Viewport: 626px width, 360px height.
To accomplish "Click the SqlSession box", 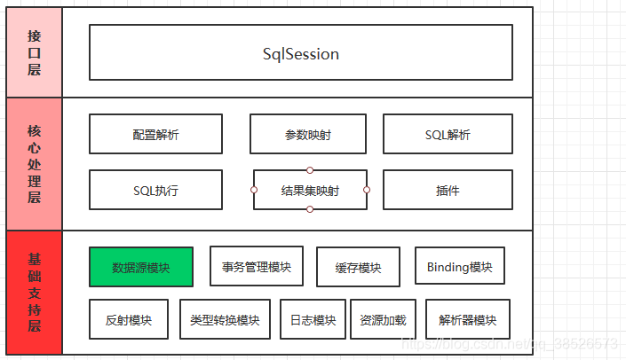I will (x=300, y=53).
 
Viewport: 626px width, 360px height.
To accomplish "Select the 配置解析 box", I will (x=155, y=135).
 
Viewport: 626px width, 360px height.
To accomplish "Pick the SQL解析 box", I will (x=448, y=135).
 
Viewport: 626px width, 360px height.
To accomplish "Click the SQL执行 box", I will (x=155, y=190).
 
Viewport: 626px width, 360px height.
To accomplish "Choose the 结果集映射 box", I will (x=310, y=190).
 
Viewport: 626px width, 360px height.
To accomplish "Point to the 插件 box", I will (x=448, y=190).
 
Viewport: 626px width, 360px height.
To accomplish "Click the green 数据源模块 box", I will (x=140, y=267).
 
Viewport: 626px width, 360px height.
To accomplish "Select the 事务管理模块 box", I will (x=257, y=266).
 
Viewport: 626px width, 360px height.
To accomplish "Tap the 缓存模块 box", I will (x=358, y=267).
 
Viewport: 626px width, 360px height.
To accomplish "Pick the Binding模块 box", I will (x=459, y=266).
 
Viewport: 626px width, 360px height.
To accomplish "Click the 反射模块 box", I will (x=128, y=319).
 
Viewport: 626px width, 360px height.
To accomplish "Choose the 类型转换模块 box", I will (x=225, y=319).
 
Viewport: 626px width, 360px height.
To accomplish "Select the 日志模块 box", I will (x=313, y=319).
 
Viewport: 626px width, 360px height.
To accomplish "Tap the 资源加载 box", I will (x=383, y=319).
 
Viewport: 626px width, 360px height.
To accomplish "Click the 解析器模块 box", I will (x=467, y=319).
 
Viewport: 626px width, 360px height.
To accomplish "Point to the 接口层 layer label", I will (x=34, y=53).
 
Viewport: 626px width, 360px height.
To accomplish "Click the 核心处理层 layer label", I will (x=34, y=164).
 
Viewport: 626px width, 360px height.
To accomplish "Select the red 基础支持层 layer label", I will (x=34, y=293).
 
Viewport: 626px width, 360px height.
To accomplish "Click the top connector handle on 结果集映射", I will (x=310, y=169).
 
